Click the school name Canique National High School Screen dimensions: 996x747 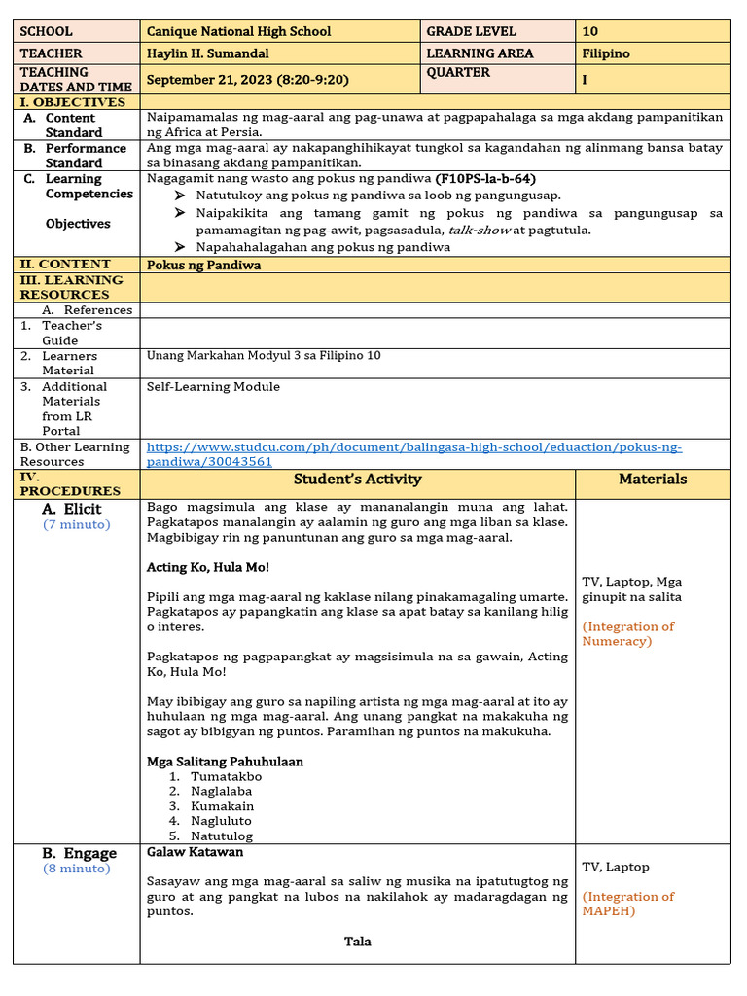coord(238,31)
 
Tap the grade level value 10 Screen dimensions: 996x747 coord(590,31)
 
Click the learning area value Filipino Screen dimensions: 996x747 coord(605,53)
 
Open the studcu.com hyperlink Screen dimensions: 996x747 coord(413,454)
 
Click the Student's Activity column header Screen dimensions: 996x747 coord(357,479)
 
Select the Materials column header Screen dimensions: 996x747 coord(653,479)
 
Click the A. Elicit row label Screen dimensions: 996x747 coord(71,509)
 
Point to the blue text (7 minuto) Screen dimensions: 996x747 coord(76,524)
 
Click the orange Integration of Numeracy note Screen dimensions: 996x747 coord(628,633)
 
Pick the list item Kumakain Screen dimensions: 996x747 coord(222,805)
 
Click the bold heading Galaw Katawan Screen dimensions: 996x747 coord(195,852)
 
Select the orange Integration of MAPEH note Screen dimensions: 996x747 coord(628,904)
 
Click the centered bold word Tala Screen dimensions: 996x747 coord(357,941)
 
